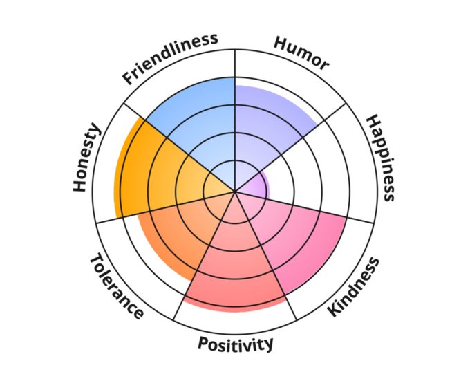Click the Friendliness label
[x=171, y=58]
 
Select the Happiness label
[x=381, y=158]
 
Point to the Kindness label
[x=353, y=286]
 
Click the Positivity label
[x=236, y=343]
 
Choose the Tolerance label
[x=117, y=286]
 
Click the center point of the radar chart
[x=236, y=192]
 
